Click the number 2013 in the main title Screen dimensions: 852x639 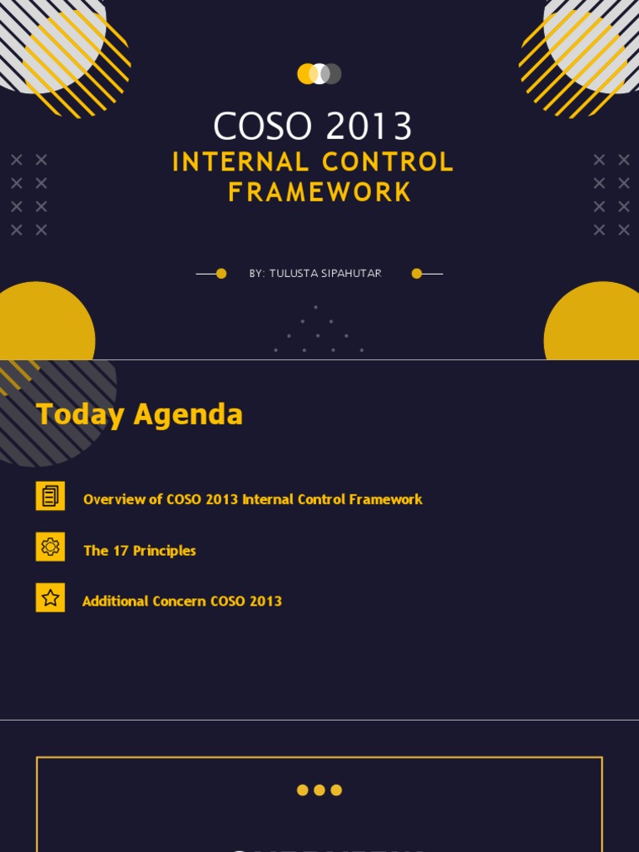[x=369, y=127]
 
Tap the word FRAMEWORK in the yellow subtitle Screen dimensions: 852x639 [x=319, y=192]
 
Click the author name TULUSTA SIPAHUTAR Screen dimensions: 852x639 [x=325, y=274]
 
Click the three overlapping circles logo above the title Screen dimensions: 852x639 [x=319, y=74]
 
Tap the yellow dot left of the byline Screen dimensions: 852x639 [x=221, y=274]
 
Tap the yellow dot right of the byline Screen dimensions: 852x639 [x=417, y=274]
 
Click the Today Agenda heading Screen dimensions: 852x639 [x=140, y=414]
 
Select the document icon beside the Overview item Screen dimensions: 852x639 [x=51, y=497]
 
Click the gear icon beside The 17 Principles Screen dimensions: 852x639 [x=51, y=547]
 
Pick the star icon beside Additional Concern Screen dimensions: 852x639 [x=51, y=597]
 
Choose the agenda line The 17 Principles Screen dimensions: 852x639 [x=140, y=551]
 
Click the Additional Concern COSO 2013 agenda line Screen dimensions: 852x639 [x=182, y=601]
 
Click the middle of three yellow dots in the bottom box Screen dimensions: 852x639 [x=319, y=790]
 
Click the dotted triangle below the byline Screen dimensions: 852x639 [x=318, y=333]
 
